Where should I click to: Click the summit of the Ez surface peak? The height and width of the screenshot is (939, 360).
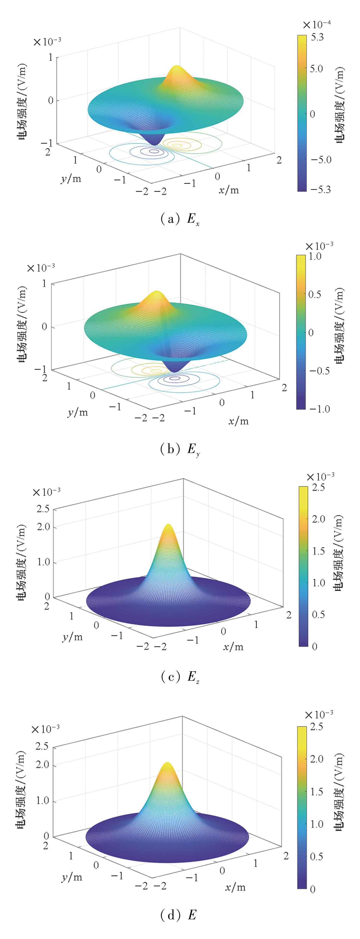coord(168,526)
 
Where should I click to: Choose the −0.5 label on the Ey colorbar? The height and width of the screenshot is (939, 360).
coord(319,371)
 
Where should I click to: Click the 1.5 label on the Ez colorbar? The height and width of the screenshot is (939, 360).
coord(318,551)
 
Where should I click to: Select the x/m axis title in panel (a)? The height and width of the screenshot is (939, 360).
coord(228,189)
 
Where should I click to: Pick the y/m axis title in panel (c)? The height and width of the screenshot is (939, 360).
coord(72,636)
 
